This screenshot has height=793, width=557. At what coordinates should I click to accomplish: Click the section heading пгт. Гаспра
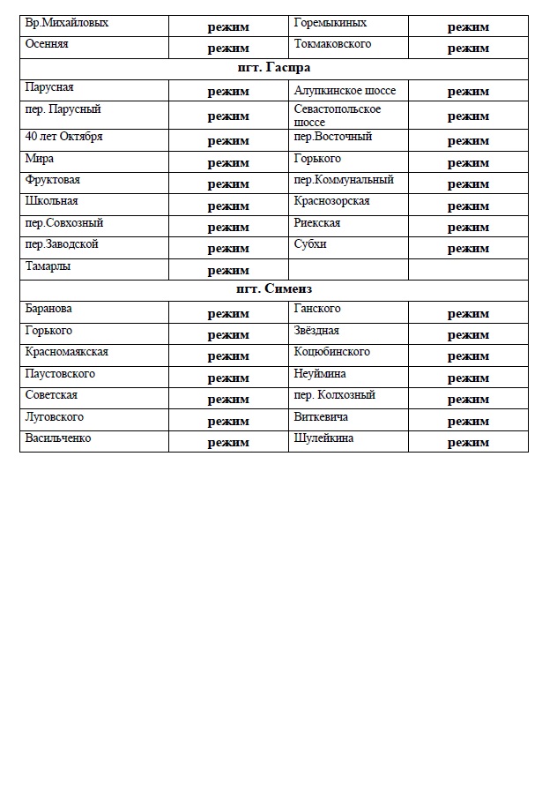click(x=273, y=68)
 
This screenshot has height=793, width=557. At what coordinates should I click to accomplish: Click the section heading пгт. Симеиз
click(x=273, y=290)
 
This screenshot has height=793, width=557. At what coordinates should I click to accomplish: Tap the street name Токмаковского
click(x=332, y=44)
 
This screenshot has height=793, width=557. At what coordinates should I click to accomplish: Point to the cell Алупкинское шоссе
click(x=345, y=91)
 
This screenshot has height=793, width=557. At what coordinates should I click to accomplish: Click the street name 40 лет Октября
click(x=64, y=138)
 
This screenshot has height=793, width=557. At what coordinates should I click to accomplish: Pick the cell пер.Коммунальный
click(x=344, y=180)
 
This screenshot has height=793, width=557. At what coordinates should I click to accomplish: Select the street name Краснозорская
click(x=331, y=202)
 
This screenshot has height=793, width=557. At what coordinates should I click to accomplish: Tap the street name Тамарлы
click(x=48, y=266)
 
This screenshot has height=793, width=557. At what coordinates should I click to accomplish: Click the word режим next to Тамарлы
click(x=228, y=271)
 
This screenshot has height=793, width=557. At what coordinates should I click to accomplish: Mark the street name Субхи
click(x=310, y=244)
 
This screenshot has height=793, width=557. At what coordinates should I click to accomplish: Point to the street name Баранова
click(x=49, y=310)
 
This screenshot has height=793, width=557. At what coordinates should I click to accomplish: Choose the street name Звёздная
click(x=316, y=331)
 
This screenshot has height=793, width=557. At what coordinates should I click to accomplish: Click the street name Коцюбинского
click(x=331, y=352)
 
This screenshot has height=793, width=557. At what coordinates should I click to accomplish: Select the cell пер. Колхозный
click(x=335, y=395)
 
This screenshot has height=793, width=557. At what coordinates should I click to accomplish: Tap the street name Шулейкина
click(x=324, y=438)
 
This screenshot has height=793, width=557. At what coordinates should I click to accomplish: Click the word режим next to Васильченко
click(x=228, y=443)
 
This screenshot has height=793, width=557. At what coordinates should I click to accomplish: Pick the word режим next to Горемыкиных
click(x=468, y=27)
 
